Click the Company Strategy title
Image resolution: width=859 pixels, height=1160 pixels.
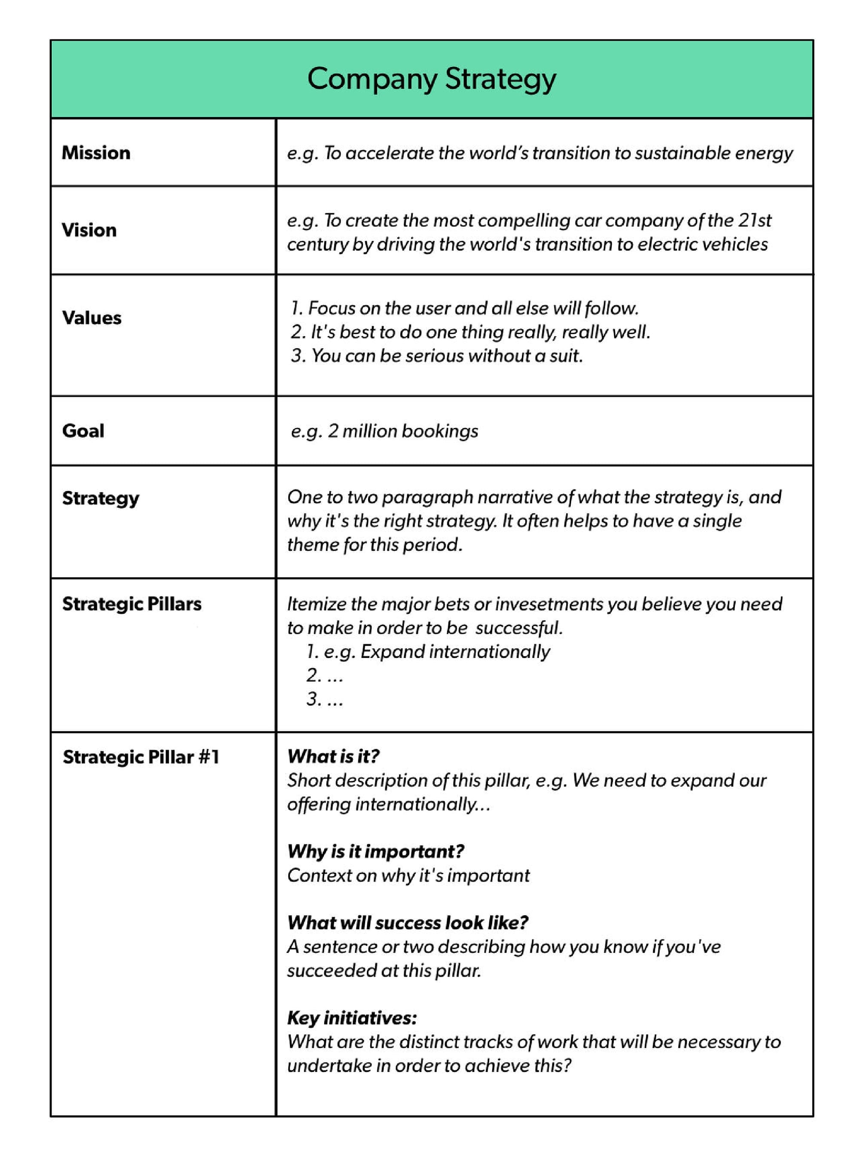point(431,79)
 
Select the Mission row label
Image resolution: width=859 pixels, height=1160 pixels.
point(96,153)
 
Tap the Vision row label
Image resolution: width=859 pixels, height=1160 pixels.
point(89,230)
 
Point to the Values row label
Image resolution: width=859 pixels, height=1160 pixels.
point(91,318)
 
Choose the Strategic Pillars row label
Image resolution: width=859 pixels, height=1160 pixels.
point(131,604)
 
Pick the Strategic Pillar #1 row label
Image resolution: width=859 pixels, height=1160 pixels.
point(140,757)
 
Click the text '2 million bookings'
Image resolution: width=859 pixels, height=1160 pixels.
point(402,431)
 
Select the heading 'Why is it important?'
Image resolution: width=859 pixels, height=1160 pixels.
point(375,852)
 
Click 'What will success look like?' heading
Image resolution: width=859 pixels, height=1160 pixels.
point(408,923)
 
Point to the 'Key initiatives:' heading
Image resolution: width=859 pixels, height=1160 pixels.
point(352,1018)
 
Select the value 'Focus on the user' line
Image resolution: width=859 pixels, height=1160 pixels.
point(464,308)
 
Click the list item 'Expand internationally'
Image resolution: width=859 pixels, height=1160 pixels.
point(454,652)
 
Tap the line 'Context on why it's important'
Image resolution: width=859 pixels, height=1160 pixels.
point(408,876)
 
